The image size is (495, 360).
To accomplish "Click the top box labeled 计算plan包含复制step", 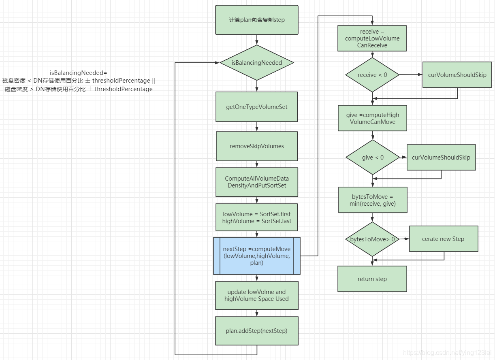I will coord(256,20).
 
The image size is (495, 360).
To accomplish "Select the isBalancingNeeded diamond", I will coord(256,63).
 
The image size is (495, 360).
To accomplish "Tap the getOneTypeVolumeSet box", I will coord(256,107).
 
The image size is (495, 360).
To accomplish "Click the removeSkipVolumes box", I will coord(256,146).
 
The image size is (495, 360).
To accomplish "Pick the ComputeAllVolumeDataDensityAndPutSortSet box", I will coord(256,182).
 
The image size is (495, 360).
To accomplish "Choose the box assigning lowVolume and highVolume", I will coord(256,217).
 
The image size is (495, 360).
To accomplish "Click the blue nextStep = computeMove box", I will coord(256,256).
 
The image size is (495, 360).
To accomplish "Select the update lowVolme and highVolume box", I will coord(256,295).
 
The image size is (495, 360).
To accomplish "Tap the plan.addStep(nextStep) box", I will coord(256,331).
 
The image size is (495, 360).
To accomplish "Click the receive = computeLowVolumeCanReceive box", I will coord(372,38).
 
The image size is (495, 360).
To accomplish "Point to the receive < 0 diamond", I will coord(372,75).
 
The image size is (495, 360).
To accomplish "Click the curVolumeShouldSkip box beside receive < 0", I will coord(457,75).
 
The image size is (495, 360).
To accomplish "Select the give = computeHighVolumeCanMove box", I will coord(372,119).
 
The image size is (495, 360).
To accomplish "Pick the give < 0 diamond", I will coord(372,158).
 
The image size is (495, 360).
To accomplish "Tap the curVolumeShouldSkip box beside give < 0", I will coord(441,158).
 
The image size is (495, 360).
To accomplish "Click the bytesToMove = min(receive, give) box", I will coord(372,200).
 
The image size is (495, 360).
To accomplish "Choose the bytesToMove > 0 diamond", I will coord(372,239).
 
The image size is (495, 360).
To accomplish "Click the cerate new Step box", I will coord(443,239).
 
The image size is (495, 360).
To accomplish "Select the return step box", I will coord(372,279).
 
